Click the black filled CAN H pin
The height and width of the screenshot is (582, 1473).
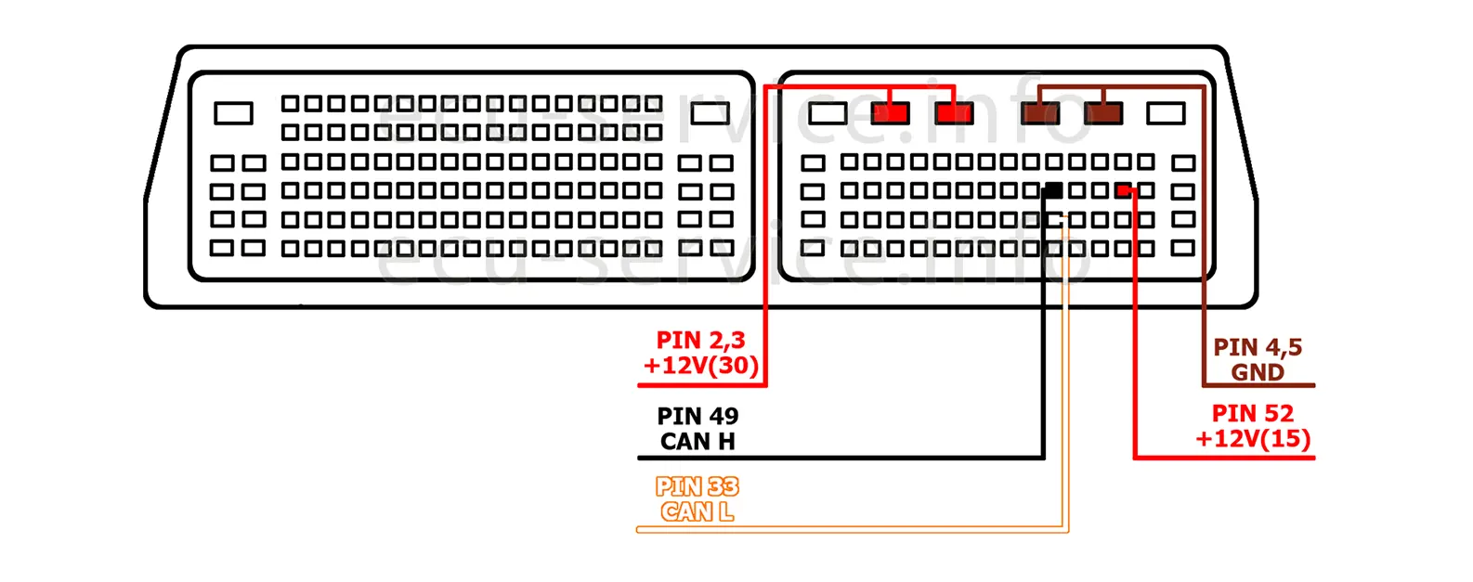coord(1053,191)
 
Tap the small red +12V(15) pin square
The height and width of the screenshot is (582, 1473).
coord(1124,191)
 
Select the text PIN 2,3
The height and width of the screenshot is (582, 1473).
coord(700,341)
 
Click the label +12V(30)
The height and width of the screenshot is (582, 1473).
coord(701,366)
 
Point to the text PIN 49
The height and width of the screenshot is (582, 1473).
coord(697,416)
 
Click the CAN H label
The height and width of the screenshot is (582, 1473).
coord(697,442)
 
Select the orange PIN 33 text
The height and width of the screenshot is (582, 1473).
coord(697,487)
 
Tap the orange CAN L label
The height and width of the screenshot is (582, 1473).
coord(697,511)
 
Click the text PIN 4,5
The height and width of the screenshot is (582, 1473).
coord(1258,348)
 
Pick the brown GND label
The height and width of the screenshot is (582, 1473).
coord(1258,372)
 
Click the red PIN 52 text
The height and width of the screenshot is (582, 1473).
coord(1253,414)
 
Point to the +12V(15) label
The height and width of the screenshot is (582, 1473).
coord(1253,438)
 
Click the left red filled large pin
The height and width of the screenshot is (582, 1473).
coord(891,113)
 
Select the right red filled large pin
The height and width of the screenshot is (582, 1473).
coord(954,113)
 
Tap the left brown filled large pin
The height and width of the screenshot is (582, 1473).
coord(1039,113)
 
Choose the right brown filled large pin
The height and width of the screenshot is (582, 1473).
coord(1102,113)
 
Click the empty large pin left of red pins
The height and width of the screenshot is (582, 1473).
coord(828,113)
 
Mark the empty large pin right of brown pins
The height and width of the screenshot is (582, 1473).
coord(1166,113)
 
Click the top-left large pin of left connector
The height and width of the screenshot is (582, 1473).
coord(233,113)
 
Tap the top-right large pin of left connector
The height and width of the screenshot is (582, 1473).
coord(710,113)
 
